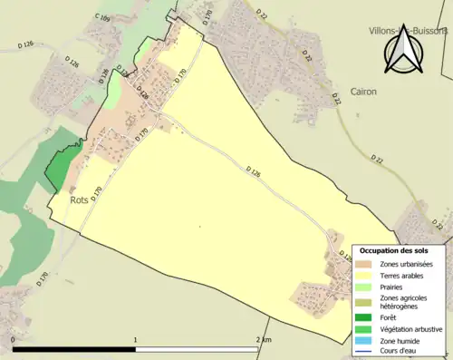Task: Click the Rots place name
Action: point(80,199)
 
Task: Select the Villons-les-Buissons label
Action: point(408,30)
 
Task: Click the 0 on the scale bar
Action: point(13,339)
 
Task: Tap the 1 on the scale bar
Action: point(136,339)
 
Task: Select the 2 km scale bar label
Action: point(263,339)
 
